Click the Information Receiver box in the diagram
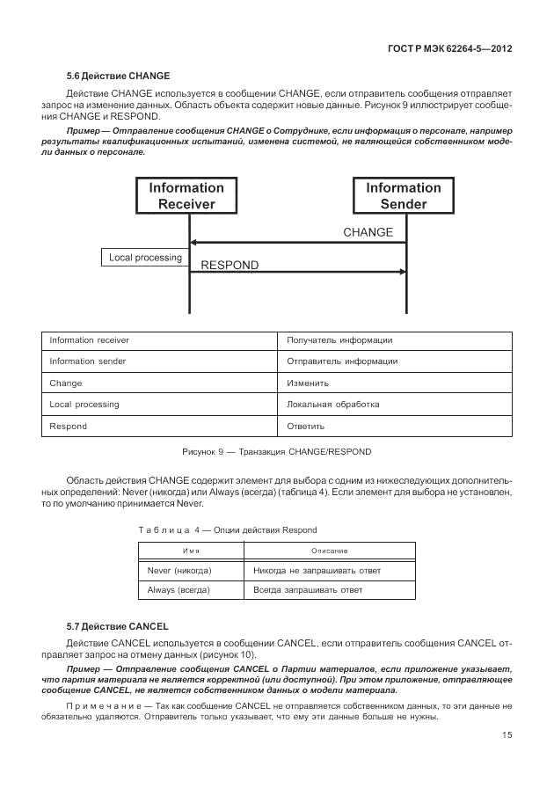point(186,195)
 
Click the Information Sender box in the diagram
point(404,195)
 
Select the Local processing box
point(145,258)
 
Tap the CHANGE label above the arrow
point(368,233)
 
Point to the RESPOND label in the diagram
point(230,265)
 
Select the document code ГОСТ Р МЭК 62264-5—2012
point(449,48)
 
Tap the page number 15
point(507,735)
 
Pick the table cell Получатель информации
point(339,340)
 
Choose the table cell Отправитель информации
point(342,361)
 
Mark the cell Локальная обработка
point(333,405)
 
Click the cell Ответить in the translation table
point(306,427)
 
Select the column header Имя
point(190,551)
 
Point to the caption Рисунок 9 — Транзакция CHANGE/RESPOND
point(276,452)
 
